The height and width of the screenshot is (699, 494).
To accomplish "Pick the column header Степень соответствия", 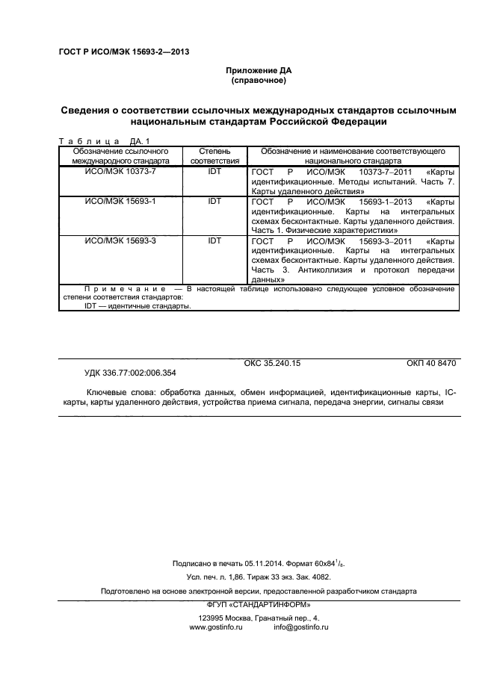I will coord(214,155).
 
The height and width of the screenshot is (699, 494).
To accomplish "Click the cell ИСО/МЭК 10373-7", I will coord(120,171).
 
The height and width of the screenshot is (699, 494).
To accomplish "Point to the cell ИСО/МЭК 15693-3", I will coord(120,240).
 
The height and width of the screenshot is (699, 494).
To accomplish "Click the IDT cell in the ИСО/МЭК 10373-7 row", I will coord(214,171).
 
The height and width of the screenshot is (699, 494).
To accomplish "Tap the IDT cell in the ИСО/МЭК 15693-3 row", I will coord(214,240).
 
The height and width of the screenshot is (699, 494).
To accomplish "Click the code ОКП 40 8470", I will coord(430,363).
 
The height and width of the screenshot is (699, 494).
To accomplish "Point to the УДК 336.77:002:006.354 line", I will coord(130,372).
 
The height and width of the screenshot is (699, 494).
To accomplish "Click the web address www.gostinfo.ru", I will coord(217,628).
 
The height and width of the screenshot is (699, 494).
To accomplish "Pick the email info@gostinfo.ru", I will coord(301,628).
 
